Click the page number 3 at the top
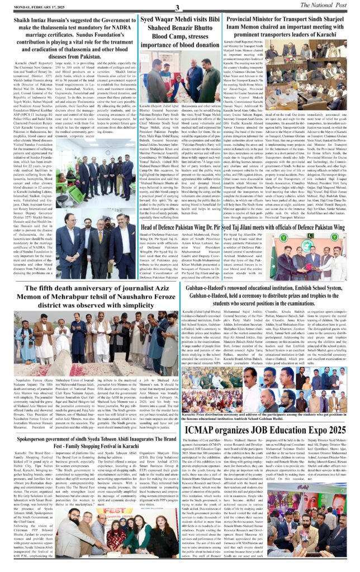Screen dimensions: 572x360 click(x=177, y=7)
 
